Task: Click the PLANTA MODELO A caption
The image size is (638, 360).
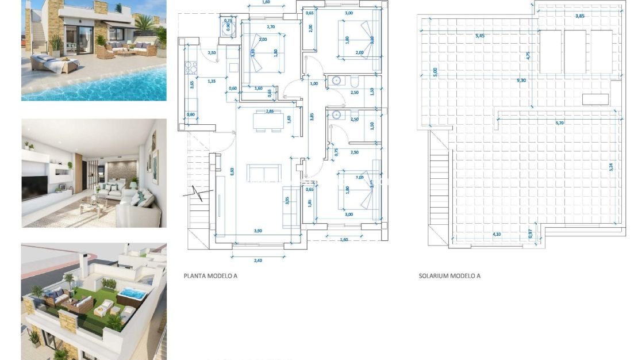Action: pyautogui.click(x=210, y=276)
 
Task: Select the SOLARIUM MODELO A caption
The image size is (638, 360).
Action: pyautogui.click(x=449, y=276)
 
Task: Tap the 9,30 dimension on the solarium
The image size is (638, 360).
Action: pyautogui.click(x=521, y=81)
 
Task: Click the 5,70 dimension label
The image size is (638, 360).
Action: pyautogui.click(x=560, y=123)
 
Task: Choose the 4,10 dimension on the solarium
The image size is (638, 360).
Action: pyautogui.click(x=497, y=234)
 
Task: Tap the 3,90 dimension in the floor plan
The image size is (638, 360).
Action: pyautogui.click(x=259, y=231)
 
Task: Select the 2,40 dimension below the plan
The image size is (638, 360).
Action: pyautogui.click(x=257, y=261)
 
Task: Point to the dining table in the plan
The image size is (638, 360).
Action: pyautogui.click(x=269, y=121)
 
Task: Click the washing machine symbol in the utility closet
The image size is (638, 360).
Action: pyautogui.click(x=228, y=24)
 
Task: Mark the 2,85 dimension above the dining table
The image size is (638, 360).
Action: pyautogui.click(x=269, y=112)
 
